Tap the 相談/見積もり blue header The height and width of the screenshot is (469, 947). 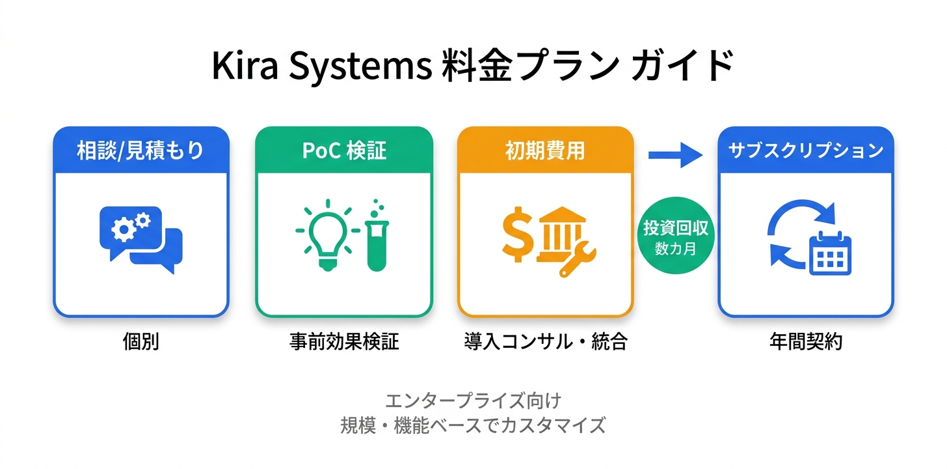pyautogui.click(x=140, y=150)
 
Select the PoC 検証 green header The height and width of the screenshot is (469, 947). pyautogui.click(x=344, y=150)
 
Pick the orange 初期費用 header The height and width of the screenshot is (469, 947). pyautogui.click(x=545, y=150)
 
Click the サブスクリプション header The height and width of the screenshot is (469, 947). pyautogui.click(x=805, y=150)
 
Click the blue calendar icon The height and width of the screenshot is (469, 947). pyautogui.click(x=831, y=253)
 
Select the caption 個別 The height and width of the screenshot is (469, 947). pyautogui.click(x=140, y=341)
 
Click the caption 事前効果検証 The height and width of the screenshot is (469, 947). pyautogui.click(x=344, y=341)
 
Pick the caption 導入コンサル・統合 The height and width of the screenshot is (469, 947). pyautogui.click(x=545, y=341)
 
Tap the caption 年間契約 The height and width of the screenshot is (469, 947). pyautogui.click(x=805, y=341)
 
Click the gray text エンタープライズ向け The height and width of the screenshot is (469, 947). pyautogui.click(x=473, y=399)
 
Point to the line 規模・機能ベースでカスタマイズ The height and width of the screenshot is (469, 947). pyautogui.click(x=473, y=425)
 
